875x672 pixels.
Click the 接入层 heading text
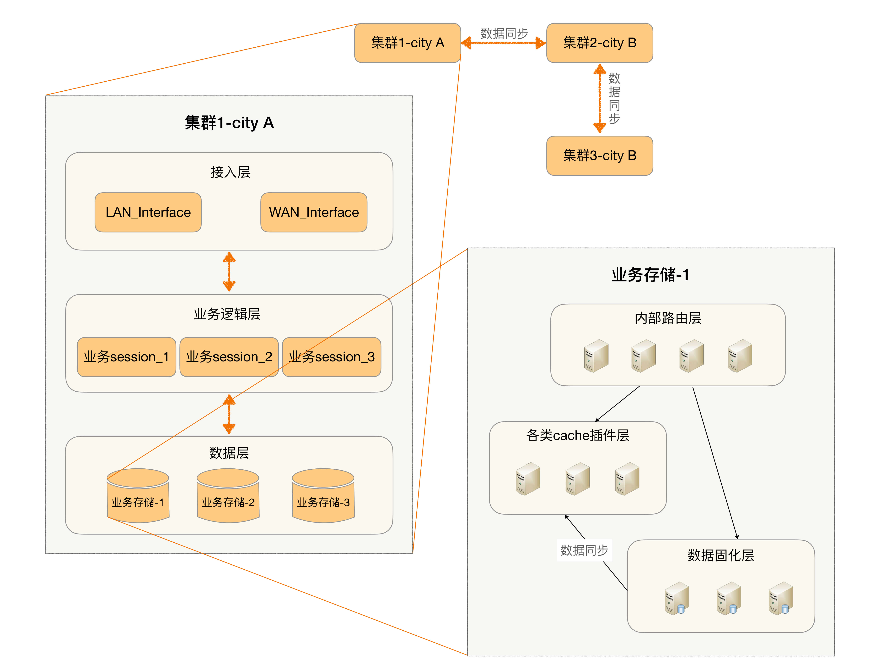coord(230,172)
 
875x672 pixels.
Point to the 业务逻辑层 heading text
coord(227,314)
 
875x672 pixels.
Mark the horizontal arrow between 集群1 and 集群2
coord(503,43)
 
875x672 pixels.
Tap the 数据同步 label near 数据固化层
coord(584,550)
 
